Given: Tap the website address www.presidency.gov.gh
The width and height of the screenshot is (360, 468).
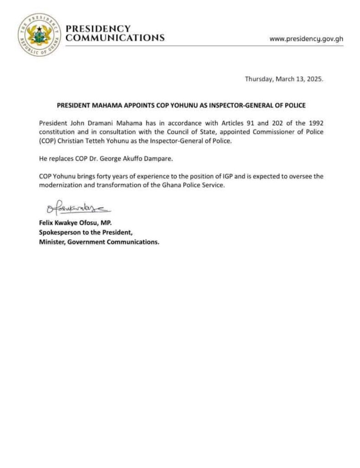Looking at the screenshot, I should click(306, 39).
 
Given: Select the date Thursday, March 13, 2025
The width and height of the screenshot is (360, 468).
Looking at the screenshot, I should click(284, 79).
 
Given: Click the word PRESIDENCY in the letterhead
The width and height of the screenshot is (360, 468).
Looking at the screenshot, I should click(98, 29).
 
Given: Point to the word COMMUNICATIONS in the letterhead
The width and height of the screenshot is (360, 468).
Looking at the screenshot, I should click(115, 38).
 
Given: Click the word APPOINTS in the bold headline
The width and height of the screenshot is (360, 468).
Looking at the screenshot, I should click(129, 105).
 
